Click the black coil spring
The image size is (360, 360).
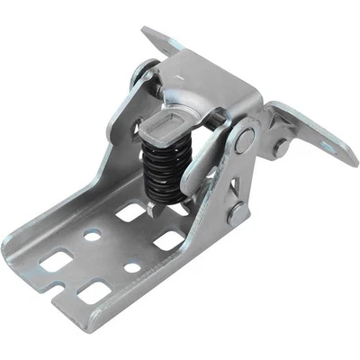point(163,167)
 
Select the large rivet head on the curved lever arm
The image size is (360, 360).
point(243,139)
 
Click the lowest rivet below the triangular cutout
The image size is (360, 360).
point(237,214)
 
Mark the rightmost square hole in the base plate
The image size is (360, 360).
point(169,240)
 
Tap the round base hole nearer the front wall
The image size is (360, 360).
point(131,267)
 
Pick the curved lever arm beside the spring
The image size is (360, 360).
point(202,166)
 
